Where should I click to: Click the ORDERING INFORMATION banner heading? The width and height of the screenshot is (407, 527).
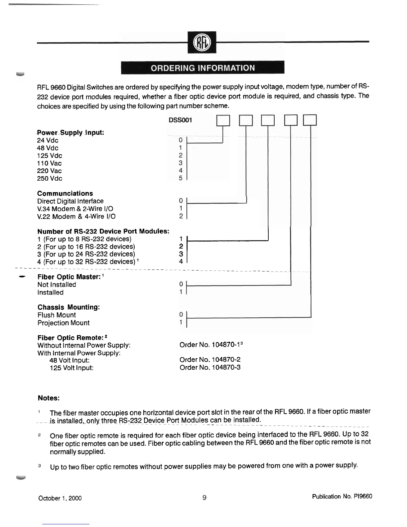tap(203, 68)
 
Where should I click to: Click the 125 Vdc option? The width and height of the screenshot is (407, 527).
tap(50, 156)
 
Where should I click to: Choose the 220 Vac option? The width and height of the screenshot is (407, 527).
tap(50, 171)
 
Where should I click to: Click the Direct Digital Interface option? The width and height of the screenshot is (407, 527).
tap(70, 201)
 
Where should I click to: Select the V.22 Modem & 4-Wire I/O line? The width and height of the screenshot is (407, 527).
tap(76, 217)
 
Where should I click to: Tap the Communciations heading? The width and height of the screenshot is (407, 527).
tap(65, 194)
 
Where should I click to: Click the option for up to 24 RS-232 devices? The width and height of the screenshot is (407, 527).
tap(86, 254)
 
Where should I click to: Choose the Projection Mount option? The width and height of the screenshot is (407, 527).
tap(64, 323)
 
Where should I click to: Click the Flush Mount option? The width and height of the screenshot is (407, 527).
tap(57, 315)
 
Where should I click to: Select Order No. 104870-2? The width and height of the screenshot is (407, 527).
tap(210, 360)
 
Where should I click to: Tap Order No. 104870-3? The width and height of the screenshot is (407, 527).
tap(210, 368)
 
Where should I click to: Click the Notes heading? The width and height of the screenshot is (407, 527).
tap(49, 398)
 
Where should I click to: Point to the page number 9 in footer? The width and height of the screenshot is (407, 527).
tap(204, 498)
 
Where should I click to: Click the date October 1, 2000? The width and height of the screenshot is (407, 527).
tap(60, 498)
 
